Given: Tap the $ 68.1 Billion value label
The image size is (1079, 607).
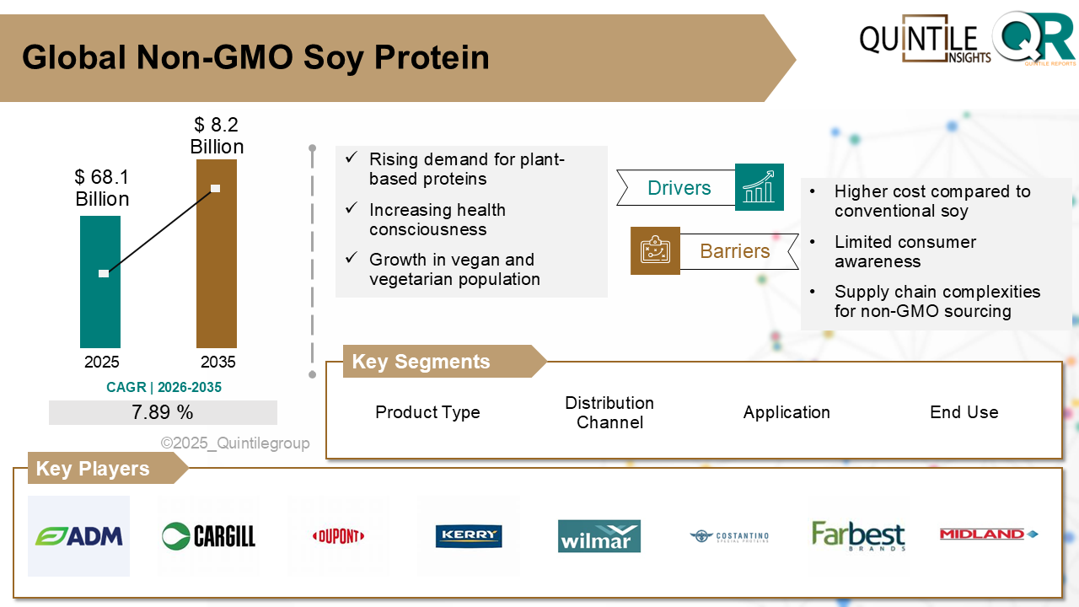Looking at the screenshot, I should (x=102, y=188).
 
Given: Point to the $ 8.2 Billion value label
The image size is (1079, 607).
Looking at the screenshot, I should (x=217, y=136).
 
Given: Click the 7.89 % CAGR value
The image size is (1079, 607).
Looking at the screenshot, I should (x=163, y=412).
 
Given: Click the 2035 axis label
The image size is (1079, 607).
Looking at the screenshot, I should (x=218, y=363).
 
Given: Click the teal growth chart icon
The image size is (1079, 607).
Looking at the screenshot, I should (x=759, y=187).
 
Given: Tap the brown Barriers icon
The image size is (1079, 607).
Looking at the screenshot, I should (x=655, y=250).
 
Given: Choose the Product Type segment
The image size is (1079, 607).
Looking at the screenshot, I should (x=427, y=412).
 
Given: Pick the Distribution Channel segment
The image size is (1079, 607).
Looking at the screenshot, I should (x=609, y=412).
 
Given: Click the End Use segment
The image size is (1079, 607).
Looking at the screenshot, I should (x=964, y=412).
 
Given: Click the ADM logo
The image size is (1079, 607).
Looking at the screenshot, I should (x=79, y=535).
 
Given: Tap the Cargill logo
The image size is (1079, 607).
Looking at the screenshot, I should (x=208, y=535).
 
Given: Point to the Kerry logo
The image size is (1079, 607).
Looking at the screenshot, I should (x=469, y=535).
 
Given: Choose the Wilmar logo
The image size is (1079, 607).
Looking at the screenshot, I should (x=599, y=536).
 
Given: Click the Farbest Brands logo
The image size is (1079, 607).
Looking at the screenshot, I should (x=858, y=535).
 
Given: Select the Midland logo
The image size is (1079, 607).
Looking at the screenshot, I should (x=988, y=534).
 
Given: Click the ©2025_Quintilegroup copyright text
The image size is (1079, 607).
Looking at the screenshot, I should (x=235, y=443).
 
